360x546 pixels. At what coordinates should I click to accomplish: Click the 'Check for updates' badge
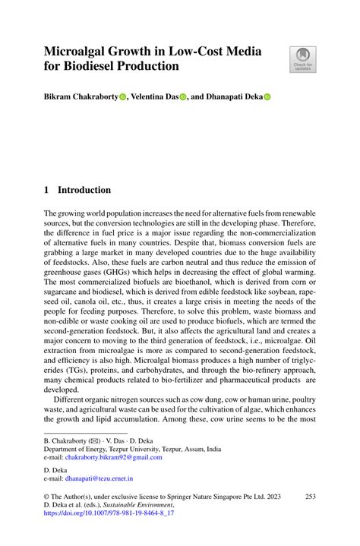[x=302, y=59]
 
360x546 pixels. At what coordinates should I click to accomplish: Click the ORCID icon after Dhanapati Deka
[x=267, y=98]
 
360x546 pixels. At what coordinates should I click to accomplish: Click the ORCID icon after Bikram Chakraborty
[x=123, y=98]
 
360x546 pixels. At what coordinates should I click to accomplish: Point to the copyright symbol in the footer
[x=47, y=496]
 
